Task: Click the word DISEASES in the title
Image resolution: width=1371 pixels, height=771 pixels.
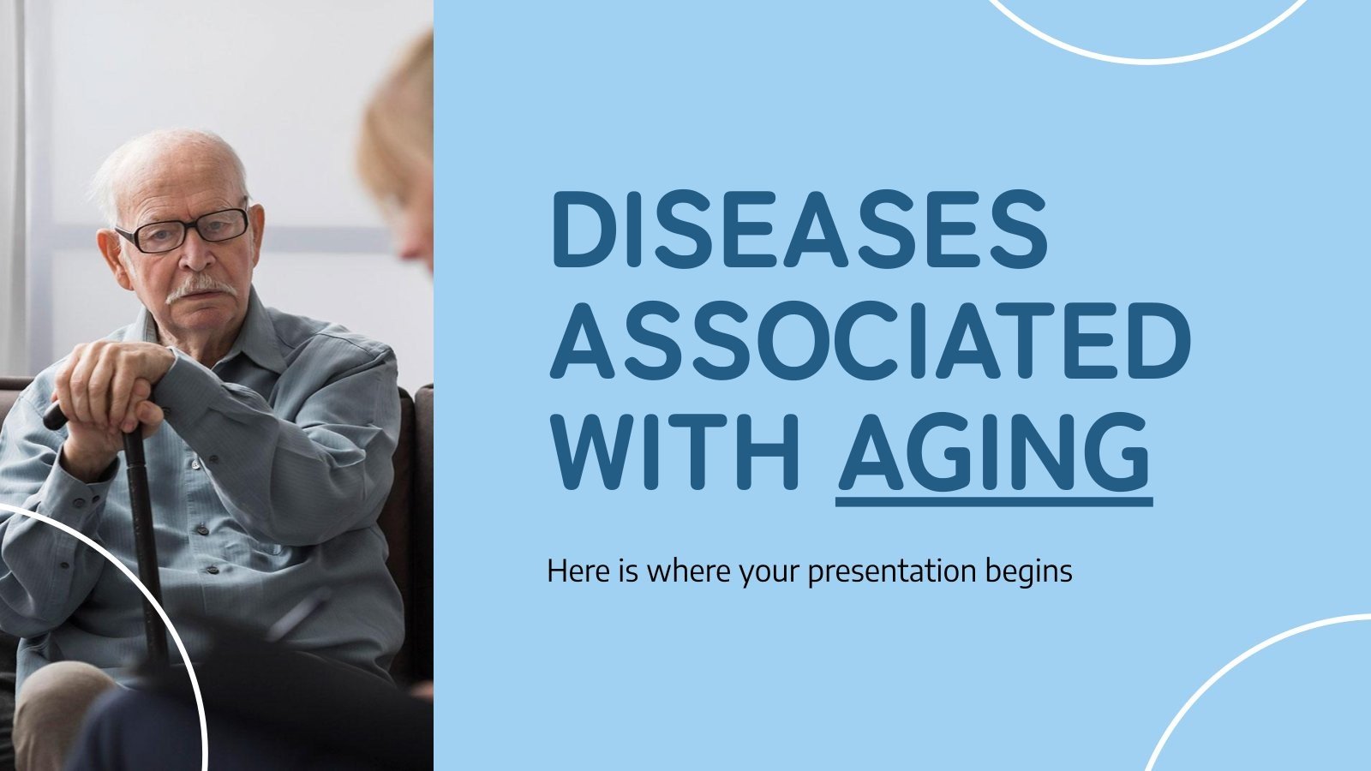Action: [799, 229]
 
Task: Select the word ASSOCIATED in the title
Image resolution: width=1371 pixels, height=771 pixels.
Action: [869, 338]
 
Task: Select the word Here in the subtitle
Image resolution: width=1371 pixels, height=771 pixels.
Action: [578, 571]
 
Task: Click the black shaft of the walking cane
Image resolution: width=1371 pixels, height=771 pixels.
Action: [142, 531]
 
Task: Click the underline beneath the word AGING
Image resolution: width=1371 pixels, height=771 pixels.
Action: [993, 499]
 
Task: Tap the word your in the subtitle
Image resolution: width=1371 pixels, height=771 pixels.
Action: [770, 571]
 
